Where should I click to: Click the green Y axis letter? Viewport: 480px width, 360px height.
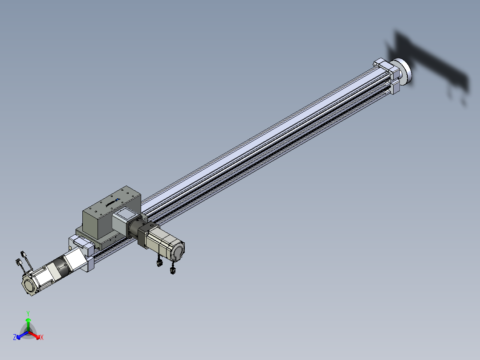[x=28, y=313]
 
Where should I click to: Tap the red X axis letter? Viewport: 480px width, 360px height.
[x=42, y=337]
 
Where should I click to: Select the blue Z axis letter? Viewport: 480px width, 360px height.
[x=15, y=337]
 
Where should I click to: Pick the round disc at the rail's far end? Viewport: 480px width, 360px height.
[x=403, y=72]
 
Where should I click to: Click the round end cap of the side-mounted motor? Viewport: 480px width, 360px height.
[x=178, y=251]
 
